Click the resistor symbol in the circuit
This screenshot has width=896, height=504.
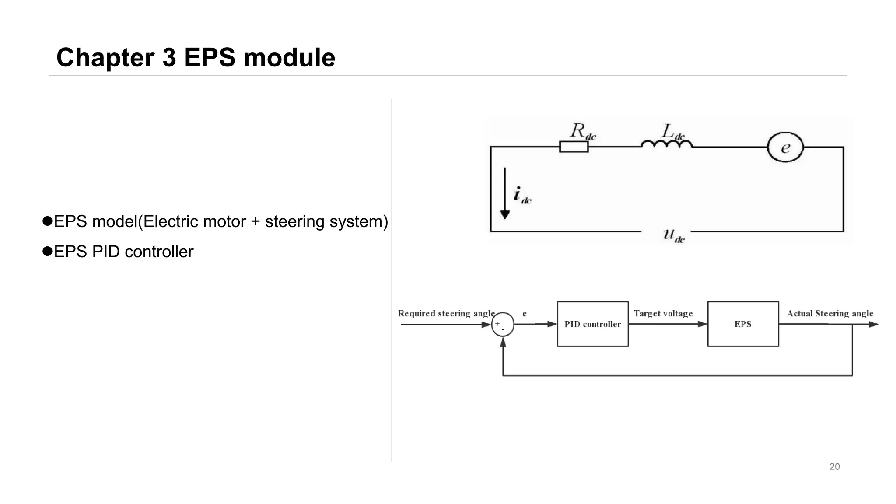coord(574,147)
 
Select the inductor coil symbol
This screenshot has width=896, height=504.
coord(666,144)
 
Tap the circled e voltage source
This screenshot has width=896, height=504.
coord(785,147)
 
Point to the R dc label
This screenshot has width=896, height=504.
coord(583,131)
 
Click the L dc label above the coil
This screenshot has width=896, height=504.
coord(672,131)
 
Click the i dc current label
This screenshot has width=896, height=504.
coord(522,195)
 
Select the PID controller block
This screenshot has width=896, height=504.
coord(592,324)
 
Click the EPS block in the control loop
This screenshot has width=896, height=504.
coord(743,324)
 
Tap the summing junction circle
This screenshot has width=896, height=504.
coord(503,325)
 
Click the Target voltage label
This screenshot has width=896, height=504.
coord(663,313)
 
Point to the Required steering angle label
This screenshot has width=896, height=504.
coord(446,313)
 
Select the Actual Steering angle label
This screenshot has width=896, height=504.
coord(830,313)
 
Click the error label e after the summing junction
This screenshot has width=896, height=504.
coord(525,314)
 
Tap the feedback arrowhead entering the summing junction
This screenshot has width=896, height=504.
coord(503,342)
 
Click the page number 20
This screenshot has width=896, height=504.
coord(834,467)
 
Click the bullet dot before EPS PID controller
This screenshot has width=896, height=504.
coord(47,252)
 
